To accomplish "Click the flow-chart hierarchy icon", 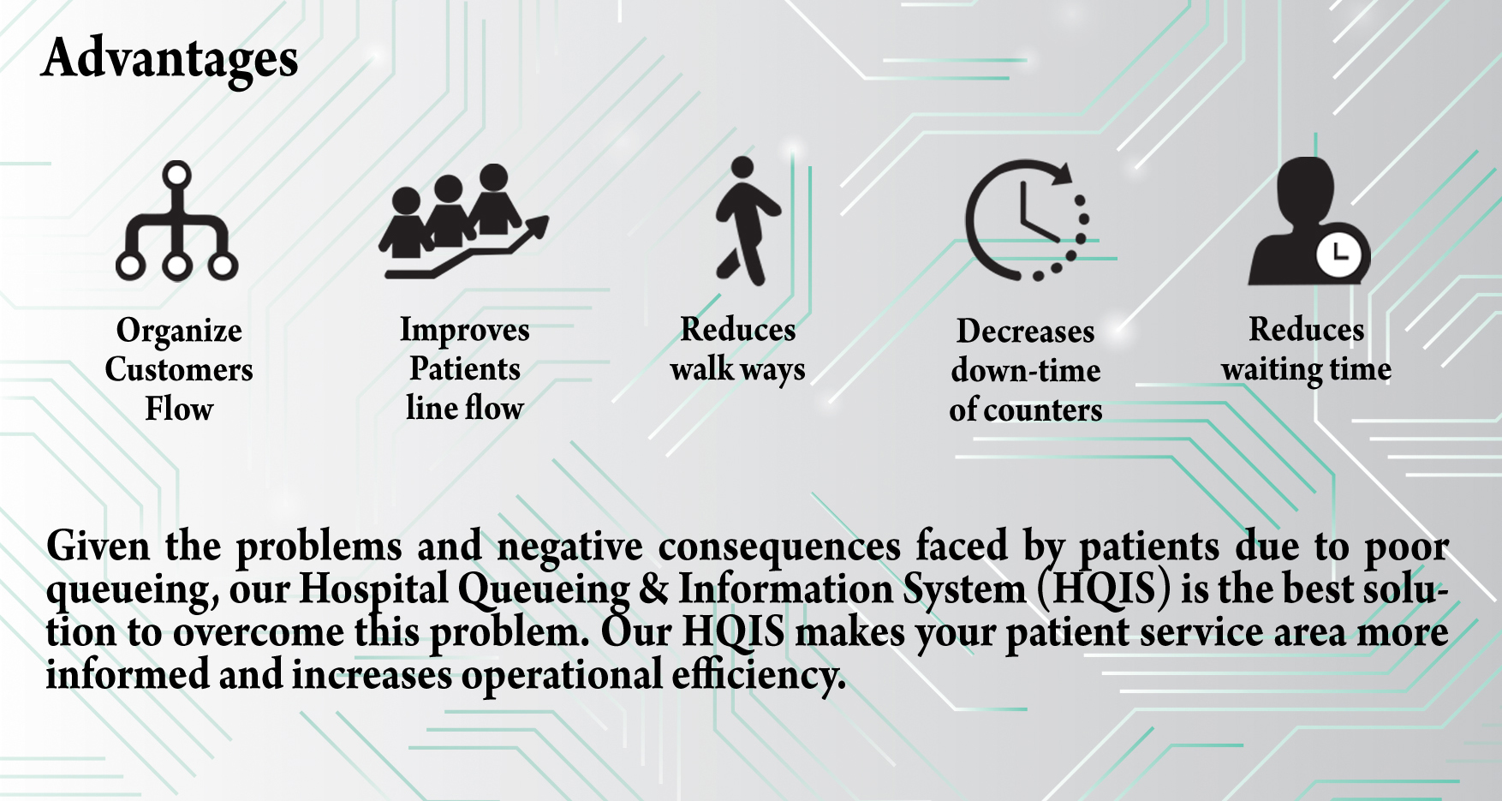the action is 177,221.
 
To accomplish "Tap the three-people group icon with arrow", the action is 463,221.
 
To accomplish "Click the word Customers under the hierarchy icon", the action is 179,369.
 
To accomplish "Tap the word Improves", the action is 465,331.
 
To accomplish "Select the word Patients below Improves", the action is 465,368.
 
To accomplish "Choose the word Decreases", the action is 1026,331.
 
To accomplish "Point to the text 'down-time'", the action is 1026,370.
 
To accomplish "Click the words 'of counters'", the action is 1026,409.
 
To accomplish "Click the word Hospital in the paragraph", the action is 373,589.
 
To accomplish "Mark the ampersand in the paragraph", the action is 653,589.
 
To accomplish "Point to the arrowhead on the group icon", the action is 536,226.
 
